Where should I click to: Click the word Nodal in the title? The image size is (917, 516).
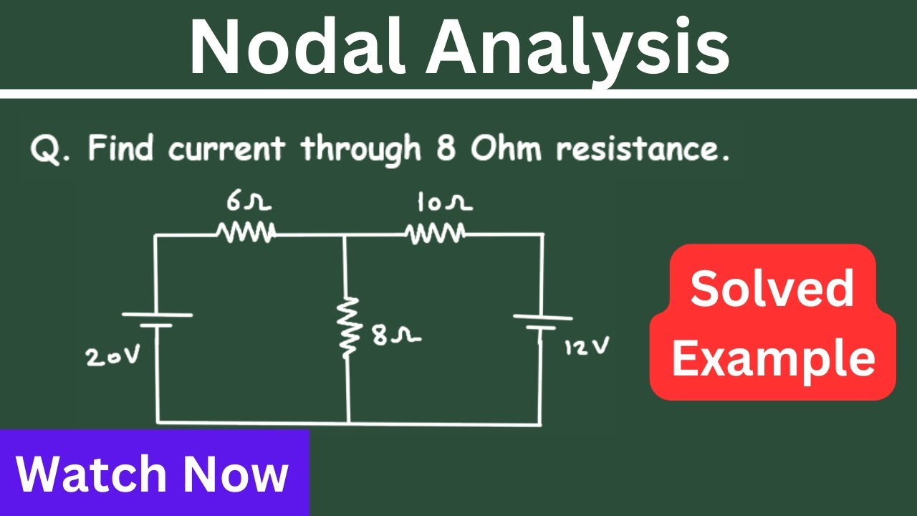[297, 47]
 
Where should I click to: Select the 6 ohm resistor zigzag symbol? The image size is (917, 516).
[246, 232]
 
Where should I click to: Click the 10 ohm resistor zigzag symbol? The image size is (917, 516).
[435, 234]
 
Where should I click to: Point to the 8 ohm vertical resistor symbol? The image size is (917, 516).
[348, 328]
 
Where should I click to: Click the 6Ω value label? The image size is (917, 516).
[249, 202]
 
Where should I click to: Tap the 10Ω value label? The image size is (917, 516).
[445, 203]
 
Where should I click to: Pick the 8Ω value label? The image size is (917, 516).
[396, 335]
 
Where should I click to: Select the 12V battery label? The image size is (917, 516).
[587, 346]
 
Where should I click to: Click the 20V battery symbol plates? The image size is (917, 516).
[157, 320]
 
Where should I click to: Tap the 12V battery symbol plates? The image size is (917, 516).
[543, 322]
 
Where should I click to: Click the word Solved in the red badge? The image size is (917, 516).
[772, 288]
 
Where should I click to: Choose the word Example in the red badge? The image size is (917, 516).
[773, 360]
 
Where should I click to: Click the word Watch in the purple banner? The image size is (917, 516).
[91, 474]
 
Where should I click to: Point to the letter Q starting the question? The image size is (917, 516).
[46, 149]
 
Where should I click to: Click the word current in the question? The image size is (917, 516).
[226, 148]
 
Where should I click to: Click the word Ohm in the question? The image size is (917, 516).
[506, 148]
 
